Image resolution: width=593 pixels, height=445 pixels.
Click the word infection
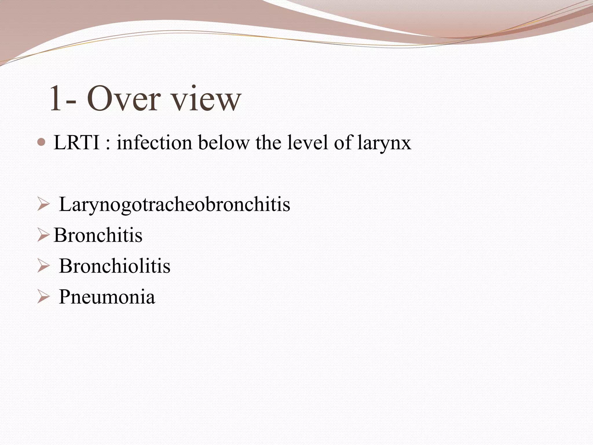[x=154, y=143]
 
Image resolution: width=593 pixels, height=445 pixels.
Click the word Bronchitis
[x=98, y=235]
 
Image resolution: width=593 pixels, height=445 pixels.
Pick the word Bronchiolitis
[x=115, y=266]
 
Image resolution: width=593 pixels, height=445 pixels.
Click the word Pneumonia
[x=107, y=297]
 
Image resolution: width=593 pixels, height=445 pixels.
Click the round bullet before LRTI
[x=42, y=142]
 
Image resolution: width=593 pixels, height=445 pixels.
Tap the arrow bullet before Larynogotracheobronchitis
[x=43, y=205]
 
